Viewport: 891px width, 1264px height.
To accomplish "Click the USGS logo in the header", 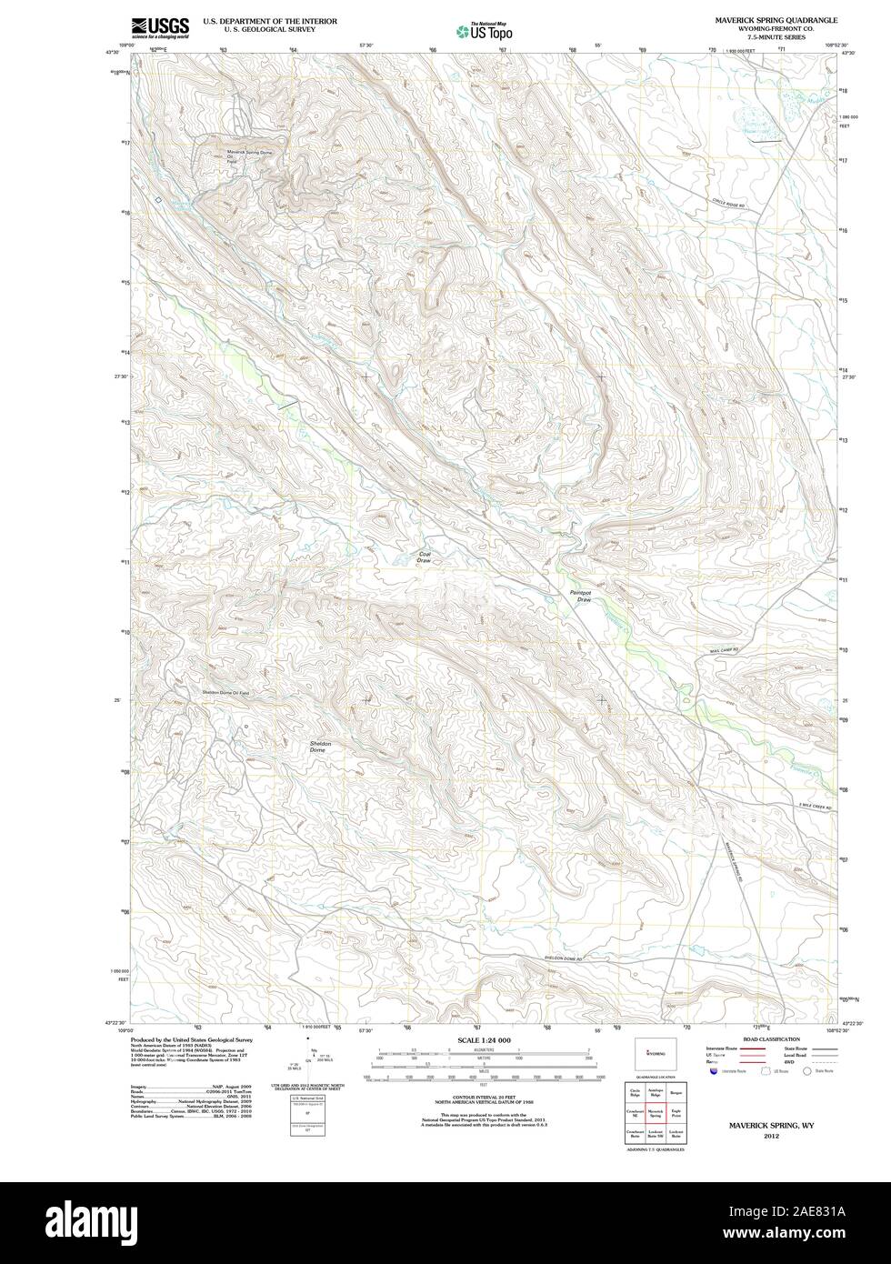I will click(x=160, y=27).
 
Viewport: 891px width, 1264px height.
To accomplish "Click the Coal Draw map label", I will click(x=424, y=557).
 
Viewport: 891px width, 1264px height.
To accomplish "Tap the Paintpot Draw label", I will click(x=580, y=596).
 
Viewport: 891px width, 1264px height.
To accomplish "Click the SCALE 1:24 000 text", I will click(x=483, y=1039).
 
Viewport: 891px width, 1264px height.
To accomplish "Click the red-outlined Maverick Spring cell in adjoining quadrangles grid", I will click(x=655, y=1112).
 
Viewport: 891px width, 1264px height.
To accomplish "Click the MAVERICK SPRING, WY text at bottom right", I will click(x=770, y=1125).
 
